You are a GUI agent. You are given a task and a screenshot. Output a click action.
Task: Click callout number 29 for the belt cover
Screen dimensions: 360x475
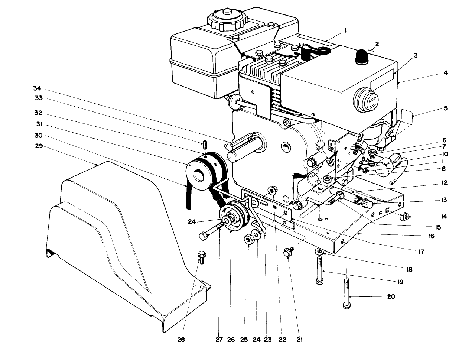pyautogui.click(x=39, y=147)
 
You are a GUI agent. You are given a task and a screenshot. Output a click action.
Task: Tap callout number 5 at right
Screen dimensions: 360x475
pyautogui.click(x=445, y=108)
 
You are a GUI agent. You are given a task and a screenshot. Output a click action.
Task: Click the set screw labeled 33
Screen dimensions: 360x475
pyautogui.click(x=204, y=143)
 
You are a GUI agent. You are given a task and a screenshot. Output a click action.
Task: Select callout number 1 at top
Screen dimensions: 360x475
pyautogui.click(x=345, y=32)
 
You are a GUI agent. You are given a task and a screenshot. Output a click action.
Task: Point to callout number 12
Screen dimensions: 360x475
pyautogui.click(x=445, y=183)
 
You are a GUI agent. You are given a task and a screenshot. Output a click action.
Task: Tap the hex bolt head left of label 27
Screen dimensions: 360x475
pyautogui.click(x=203, y=236)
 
